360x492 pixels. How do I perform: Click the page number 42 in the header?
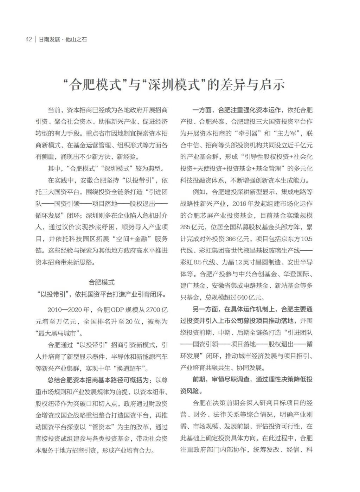click(x=28, y=39)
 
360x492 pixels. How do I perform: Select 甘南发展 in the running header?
click(x=49, y=39)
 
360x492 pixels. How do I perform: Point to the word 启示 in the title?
click(x=273, y=85)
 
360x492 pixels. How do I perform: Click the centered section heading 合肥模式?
click(x=101, y=282)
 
